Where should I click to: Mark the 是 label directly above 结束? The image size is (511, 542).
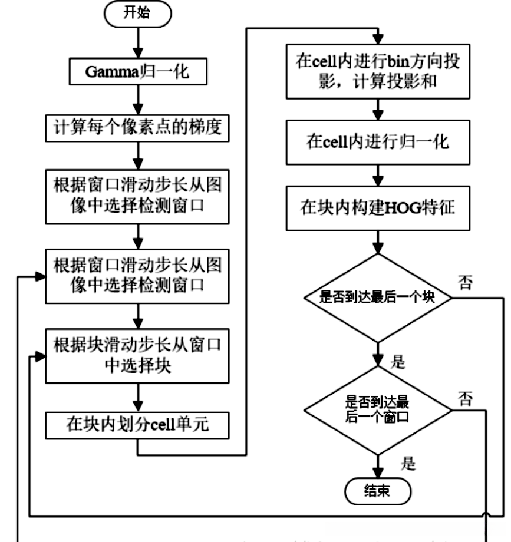coord(408,463)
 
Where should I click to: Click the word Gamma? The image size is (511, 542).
coord(108,74)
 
